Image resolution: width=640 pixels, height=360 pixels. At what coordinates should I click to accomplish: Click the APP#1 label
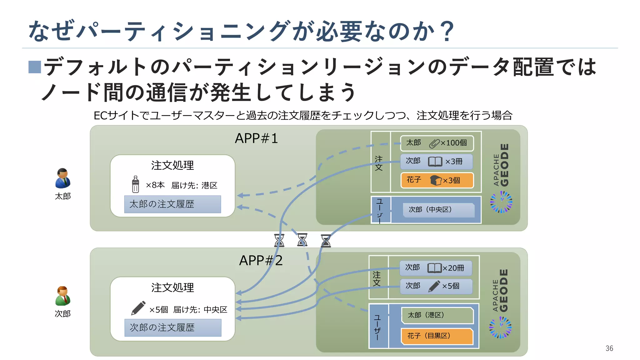click(256, 138)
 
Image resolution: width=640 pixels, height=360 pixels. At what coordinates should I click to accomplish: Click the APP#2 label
click(261, 261)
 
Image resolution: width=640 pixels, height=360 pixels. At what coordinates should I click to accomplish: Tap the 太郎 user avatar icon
click(63, 178)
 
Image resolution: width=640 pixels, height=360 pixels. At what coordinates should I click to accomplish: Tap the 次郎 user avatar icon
click(63, 296)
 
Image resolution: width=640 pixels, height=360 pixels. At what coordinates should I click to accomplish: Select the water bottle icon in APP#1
click(135, 184)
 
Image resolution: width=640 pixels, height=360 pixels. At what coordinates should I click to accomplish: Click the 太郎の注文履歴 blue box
click(172, 204)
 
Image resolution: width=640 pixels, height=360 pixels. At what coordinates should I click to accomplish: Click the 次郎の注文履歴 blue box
click(173, 328)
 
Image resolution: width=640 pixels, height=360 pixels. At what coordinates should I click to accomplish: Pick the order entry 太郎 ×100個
click(437, 143)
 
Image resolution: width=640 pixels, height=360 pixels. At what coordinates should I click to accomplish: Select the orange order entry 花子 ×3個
click(437, 180)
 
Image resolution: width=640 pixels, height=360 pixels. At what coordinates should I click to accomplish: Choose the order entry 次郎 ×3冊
click(436, 162)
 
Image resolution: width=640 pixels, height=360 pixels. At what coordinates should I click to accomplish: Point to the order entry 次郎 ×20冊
click(436, 268)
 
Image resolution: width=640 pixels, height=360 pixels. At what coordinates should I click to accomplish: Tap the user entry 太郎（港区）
click(437, 315)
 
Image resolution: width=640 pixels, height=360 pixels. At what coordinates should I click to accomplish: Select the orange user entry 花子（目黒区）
click(437, 336)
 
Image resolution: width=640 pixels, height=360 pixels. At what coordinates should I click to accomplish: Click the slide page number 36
click(609, 348)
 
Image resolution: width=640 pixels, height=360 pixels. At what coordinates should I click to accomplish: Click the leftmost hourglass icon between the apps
click(279, 240)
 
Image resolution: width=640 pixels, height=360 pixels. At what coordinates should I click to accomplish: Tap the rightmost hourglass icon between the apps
click(326, 241)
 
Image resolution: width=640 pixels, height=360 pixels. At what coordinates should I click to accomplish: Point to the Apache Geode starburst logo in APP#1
click(501, 202)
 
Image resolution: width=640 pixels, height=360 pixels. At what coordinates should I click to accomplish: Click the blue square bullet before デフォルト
click(35, 67)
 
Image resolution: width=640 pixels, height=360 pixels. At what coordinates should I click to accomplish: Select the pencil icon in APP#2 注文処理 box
click(138, 308)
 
